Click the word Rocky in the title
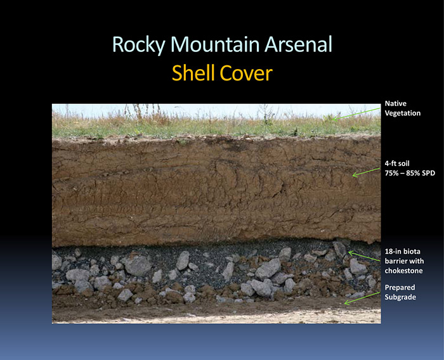pos(139,45)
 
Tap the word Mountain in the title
pos(215,44)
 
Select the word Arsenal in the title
pos(298,44)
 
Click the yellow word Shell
pos(193,73)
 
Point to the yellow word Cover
pos(246,74)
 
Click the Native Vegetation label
pos(402,108)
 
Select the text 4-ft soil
pos(397,164)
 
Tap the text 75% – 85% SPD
pos(410,173)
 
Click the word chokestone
pos(403,271)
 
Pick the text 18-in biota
pos(402,252)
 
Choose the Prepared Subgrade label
pos(400,292)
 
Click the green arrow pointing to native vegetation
pos(356,114)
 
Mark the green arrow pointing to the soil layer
pos(366,172)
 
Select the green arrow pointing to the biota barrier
pos(364,255)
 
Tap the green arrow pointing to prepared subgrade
pos(362,299)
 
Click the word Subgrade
pos(400,297)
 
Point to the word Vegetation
pos(402,113)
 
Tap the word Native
pos(395,103)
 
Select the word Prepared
pos(400,288)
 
